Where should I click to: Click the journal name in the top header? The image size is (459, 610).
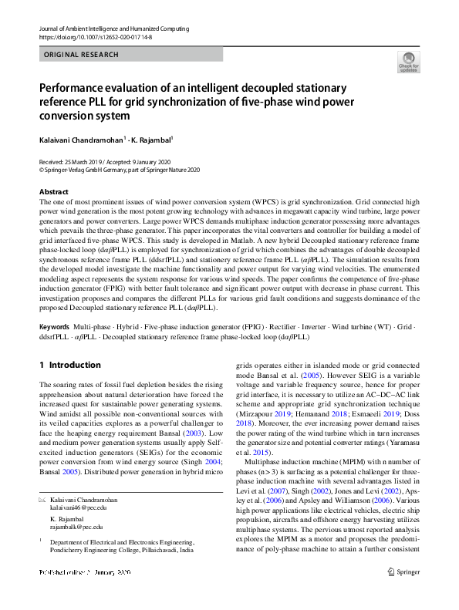tap(113, 29)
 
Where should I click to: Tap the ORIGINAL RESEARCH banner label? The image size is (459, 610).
tap(82, 55)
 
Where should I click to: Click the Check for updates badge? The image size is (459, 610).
tap(408, 62)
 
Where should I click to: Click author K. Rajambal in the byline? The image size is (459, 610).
tap(129, 140)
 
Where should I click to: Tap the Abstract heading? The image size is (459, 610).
tap(53, 191)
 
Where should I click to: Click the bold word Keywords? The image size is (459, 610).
tap(54, 328)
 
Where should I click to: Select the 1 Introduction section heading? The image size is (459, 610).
tap(69, 365)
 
